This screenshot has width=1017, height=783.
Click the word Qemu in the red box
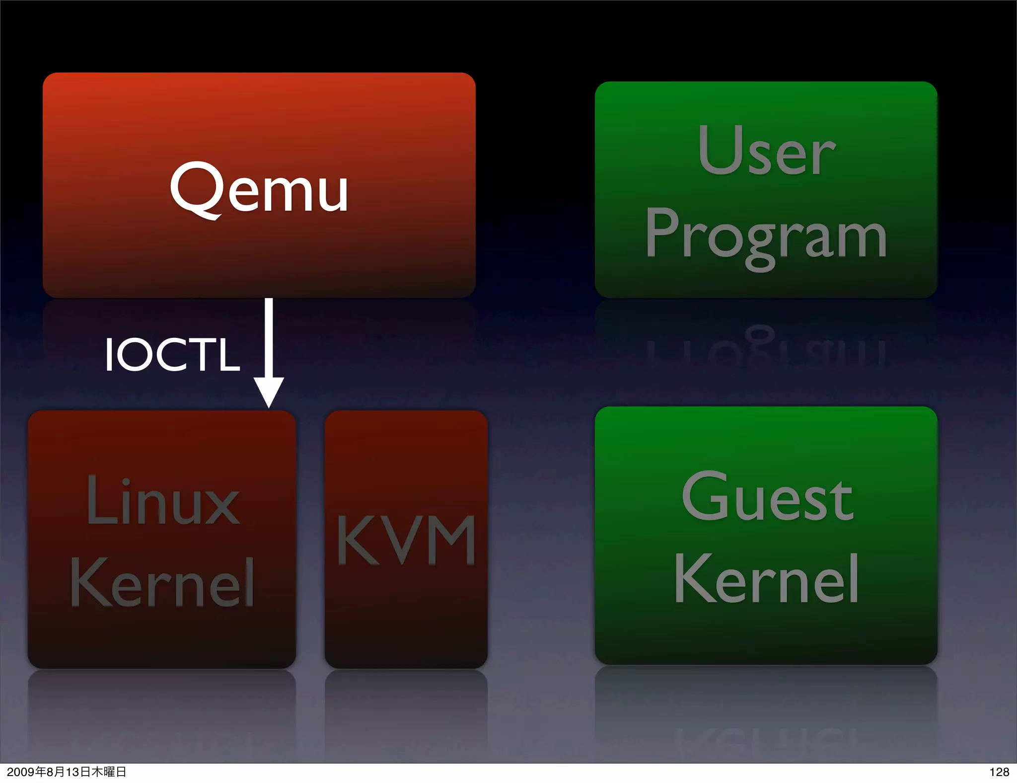click(x=259, y=189)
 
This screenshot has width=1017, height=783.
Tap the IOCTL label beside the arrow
click(x=172, y=354)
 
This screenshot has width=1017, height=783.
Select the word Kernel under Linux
click(x=162, y=582)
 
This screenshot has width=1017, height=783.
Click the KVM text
click(x=406, y=540)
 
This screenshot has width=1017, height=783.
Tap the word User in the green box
click(x=766, y=150)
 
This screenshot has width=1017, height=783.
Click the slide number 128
click(x=999, y=772)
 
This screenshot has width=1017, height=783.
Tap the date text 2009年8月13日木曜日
click(x=67, y=772)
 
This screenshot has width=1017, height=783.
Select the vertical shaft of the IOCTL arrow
click(x=269, y=338)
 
